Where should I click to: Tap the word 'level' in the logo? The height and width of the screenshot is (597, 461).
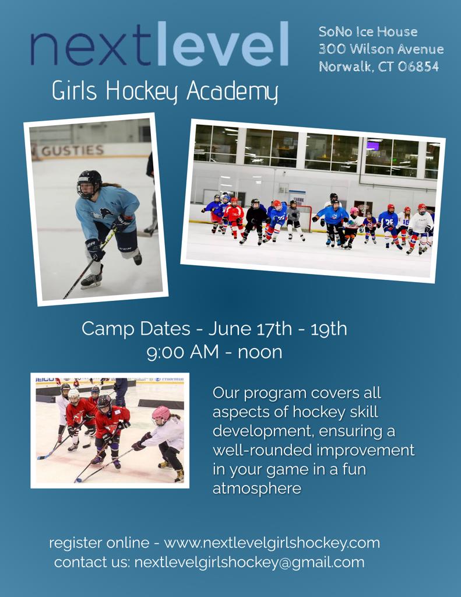[x=222, y=43]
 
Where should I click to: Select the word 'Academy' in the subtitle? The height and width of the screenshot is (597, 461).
[x=232, y=92]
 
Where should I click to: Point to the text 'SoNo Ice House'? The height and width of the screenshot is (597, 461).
[x=368, y=31]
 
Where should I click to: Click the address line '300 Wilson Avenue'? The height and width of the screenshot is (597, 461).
[x=381, y=49]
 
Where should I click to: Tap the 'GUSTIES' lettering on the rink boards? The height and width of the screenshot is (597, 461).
[x=72, y=151]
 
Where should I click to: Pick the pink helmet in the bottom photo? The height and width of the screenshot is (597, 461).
[x=161, y=414]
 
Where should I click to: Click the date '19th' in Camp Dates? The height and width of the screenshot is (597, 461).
[x=329, y=329]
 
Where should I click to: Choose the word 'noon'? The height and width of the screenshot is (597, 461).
[x=260, y=353]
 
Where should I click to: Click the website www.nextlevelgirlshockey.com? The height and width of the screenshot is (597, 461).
[x=272, y=543]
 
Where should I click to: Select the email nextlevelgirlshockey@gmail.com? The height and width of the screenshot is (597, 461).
[x=249, y=563]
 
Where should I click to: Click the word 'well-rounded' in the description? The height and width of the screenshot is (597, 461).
[x=262, y=450]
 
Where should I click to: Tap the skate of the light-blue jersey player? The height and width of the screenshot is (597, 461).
[x=92, y=281]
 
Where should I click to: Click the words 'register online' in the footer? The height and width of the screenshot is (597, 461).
[x=99, y=543]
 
